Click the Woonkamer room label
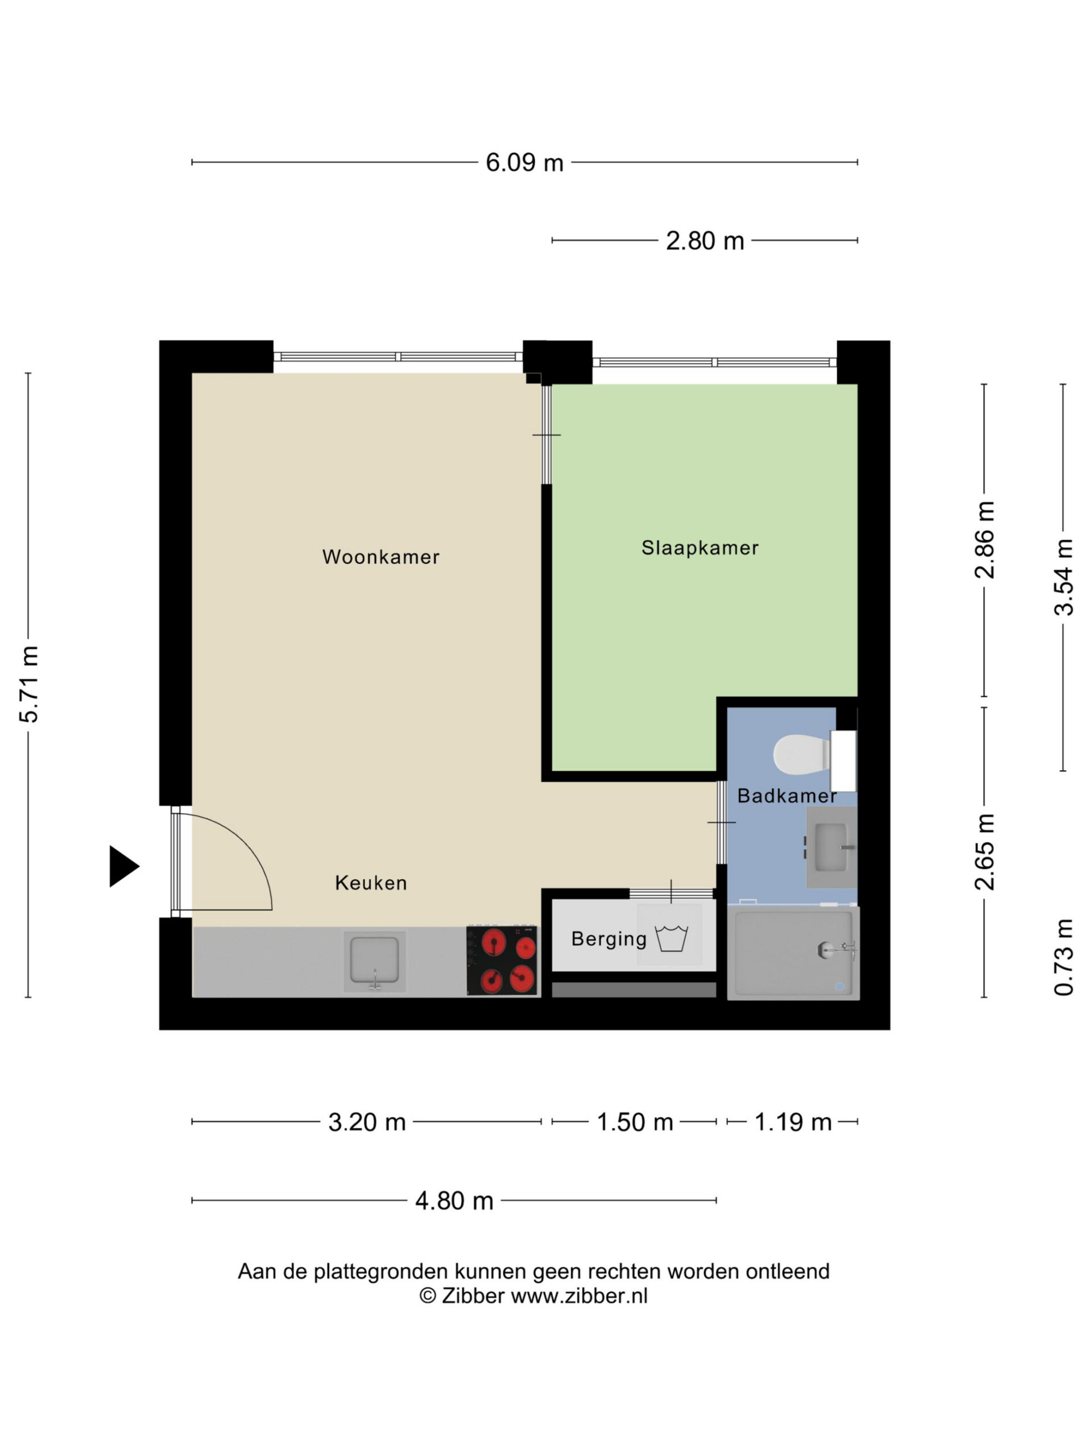click(x=380, y=557)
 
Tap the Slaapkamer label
click(x=700, y=548)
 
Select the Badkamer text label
click(x=787, y=796)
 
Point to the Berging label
click(x=609, y=940)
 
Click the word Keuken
click(x=371, y=883)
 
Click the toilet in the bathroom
click(x=815, y=755)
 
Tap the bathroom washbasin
click(x=832, y=847)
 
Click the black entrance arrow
click(x=124, y=866)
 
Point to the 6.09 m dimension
click(x=524, y=163)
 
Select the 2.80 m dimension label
click(x=705, y=241)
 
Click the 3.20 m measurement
click(x=367, y=1122)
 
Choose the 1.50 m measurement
click(x=635, y=1122)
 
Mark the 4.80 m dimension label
click(x=454, y=1201)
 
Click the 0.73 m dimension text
click(x=1064, y=957)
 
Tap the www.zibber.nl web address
click(x=579, y=1296)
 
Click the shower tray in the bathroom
click(x=793, y=953)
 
